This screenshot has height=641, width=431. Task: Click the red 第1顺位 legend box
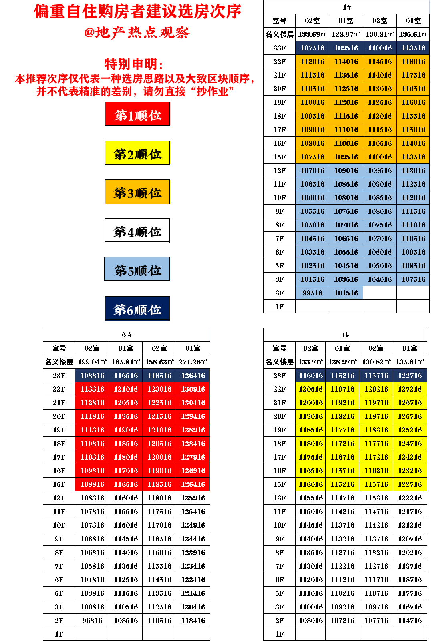[x=137, y=115]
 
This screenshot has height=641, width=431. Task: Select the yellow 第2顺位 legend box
[x=137, y=153]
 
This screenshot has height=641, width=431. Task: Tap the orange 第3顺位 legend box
[x=137, y=192]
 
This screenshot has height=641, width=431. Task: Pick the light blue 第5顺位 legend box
[x=137, y=270]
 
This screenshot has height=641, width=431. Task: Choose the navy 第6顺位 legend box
[x=137, y=309]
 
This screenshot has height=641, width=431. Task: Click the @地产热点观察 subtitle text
[x=137, y=32]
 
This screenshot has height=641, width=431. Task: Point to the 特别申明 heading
[x=134, y=64]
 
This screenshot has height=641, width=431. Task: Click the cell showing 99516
[x=312, y=293]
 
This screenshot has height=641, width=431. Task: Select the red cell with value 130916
[x=193, y=389]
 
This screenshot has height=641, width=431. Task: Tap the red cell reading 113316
[x=92, y=389]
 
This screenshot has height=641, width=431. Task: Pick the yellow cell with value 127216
[x=410, y=389]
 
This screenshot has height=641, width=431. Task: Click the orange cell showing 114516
[x=380, y=61]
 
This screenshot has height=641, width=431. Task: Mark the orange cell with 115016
[x=413, y=129]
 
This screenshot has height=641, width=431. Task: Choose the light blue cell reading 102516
[x=312, y=265]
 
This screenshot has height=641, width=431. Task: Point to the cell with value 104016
[x=380, y=279]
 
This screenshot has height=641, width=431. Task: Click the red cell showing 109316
[x=92, y=470]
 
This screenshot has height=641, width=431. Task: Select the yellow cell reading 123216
[x=410, y=470]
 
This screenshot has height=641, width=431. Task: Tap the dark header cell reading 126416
[x=193, y=375]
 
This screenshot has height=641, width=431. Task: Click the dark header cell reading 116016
[x=311, y=375]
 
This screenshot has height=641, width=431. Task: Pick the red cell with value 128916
[x=193, y=430]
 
